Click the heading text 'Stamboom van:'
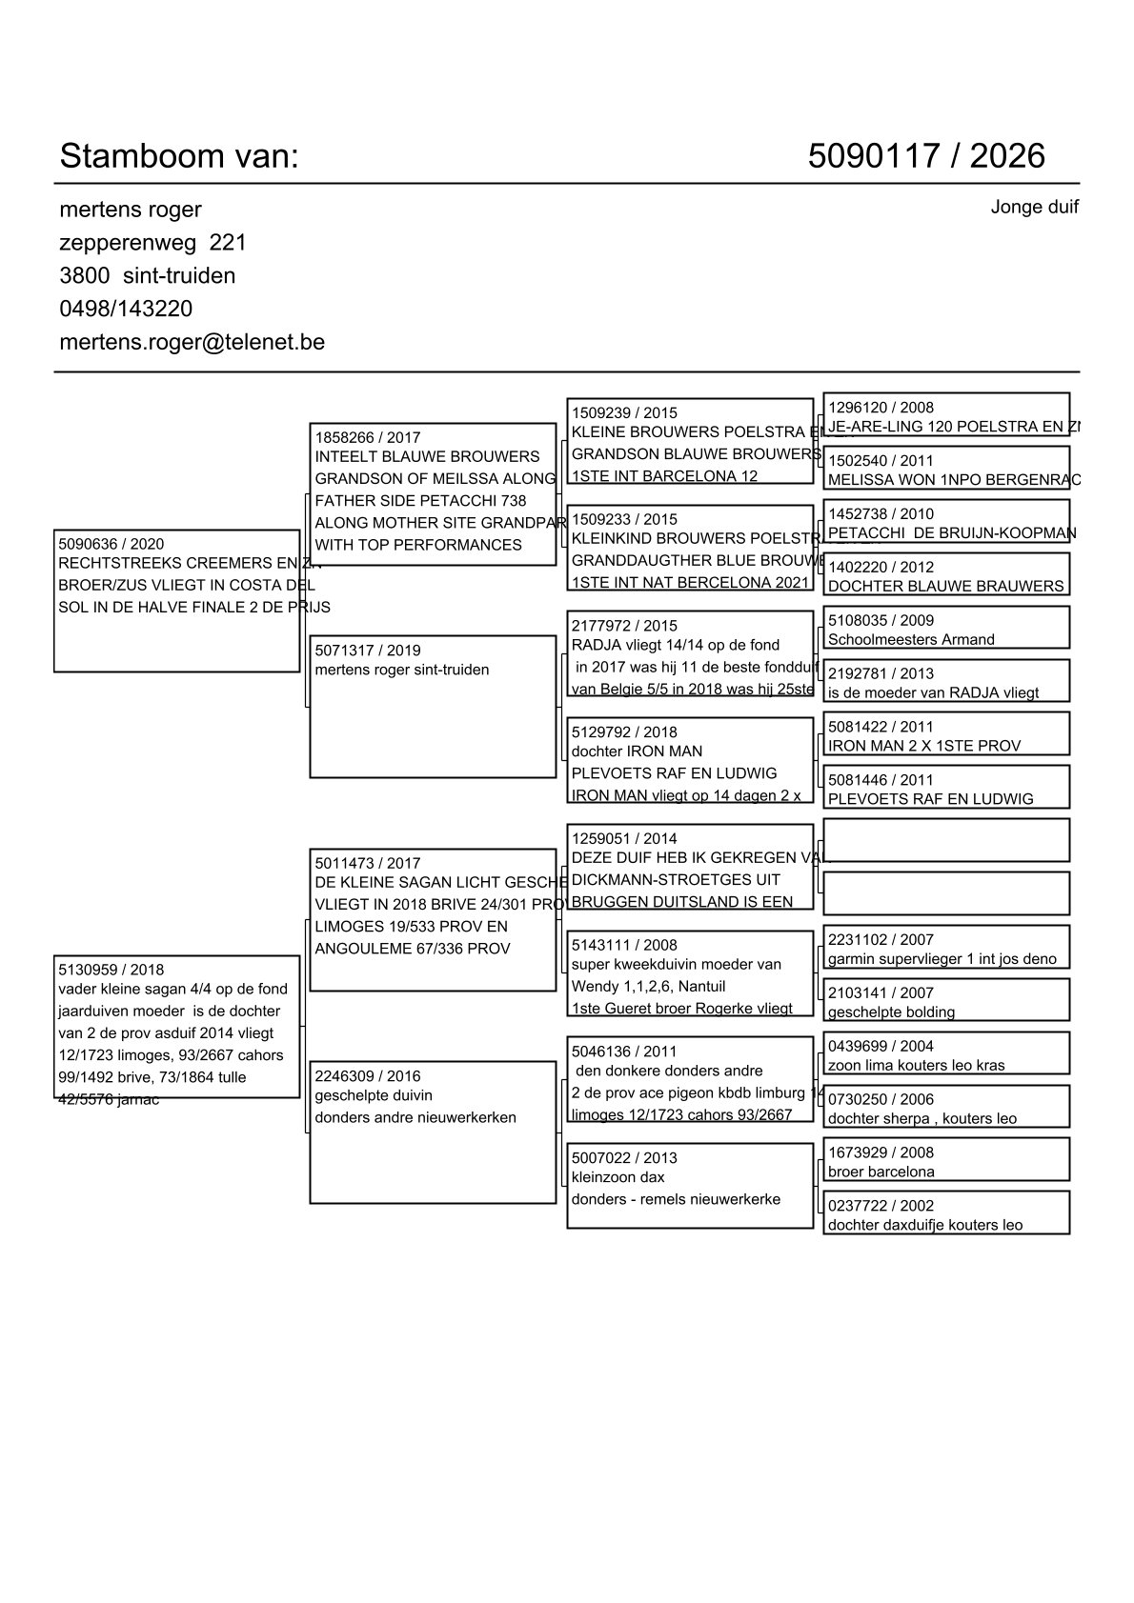tap(179, 156)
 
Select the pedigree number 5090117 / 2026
tap(926, 156)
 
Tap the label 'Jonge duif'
tap(1034, 208)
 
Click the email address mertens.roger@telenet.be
tap(192, 342)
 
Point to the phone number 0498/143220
tap(126, 309)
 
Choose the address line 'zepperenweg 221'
tap(152, 243)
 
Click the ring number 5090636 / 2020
tap(111, 545)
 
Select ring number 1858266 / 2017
tap(368, 438)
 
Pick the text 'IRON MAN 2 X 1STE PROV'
tap(923, 746)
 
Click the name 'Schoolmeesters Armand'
tap(910, 640)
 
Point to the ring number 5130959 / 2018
tap(111, 971)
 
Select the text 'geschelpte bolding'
tap(891, 1012)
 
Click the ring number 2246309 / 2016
tap(368, 1076)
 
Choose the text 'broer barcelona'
tap(881, 1172)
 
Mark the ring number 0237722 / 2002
tap(881, 1206)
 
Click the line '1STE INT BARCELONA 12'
tap(664, 476)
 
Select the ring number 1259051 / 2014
tap(624, 839)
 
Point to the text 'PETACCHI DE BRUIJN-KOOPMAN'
tap(951, 533)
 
